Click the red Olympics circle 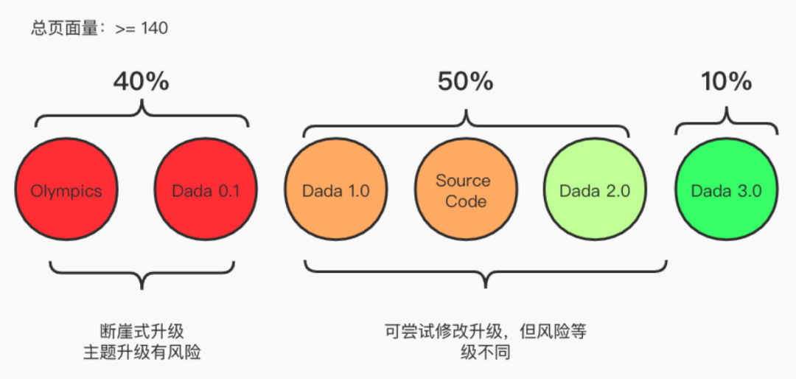point(66,191)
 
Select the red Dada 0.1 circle point(206,191)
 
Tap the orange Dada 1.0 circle point(335,191)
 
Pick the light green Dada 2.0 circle point(595,191)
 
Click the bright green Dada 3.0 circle point(726,191)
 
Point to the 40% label point(142,82)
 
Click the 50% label point(466,82)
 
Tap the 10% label point(727,82)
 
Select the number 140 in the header point(155,29)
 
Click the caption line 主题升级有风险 point(142,353)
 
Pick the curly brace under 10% point(727,122)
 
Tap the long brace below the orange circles point(485,273)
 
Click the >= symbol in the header point(125,29)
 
